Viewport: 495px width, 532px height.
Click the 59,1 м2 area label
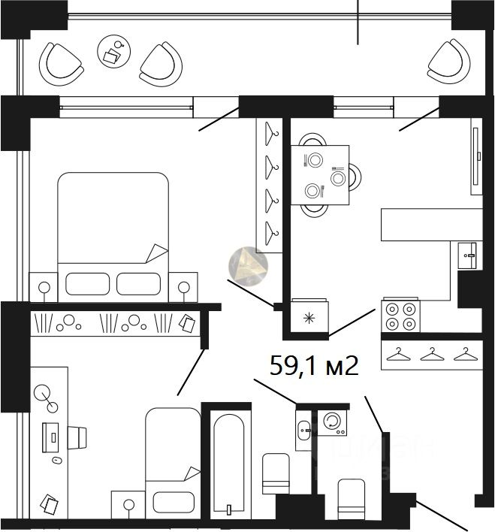click(x=313, y=366)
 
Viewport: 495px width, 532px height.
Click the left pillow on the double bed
click(x=87, y=283)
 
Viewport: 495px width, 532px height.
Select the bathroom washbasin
click(x=303, y=431)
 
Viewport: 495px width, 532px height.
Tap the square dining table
click(x=321, y=175)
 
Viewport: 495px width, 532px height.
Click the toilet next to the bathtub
click(x=275, y=473)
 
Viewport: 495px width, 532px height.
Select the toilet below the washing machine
click(x=351, y=497)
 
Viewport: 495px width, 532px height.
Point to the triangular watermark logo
click(x=247, y=265)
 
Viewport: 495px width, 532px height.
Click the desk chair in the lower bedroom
click(x=78, y=435)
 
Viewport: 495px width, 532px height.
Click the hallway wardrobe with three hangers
click(x=430, y=355)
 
